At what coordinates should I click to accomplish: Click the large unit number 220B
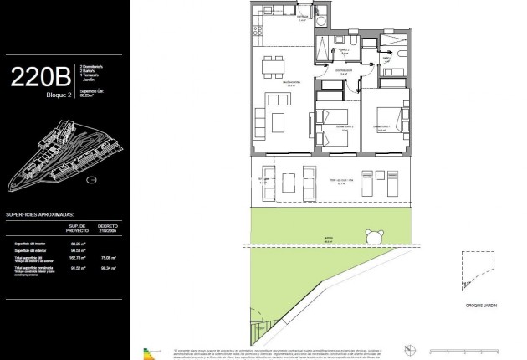click(40, 78)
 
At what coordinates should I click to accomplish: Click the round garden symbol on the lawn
click(367, 234)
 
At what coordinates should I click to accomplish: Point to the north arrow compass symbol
click(407, 347)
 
